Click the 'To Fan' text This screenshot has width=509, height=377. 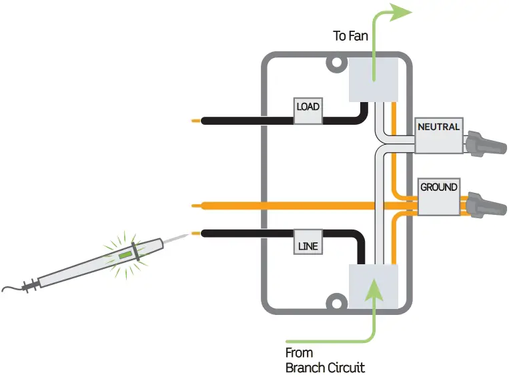pos(350,36)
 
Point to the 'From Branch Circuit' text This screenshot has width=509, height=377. pos(325,360)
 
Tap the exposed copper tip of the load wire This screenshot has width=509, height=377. pos(195,121)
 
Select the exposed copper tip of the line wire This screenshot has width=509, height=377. pos(195,233)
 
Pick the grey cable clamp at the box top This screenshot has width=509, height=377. pos(374,79)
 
